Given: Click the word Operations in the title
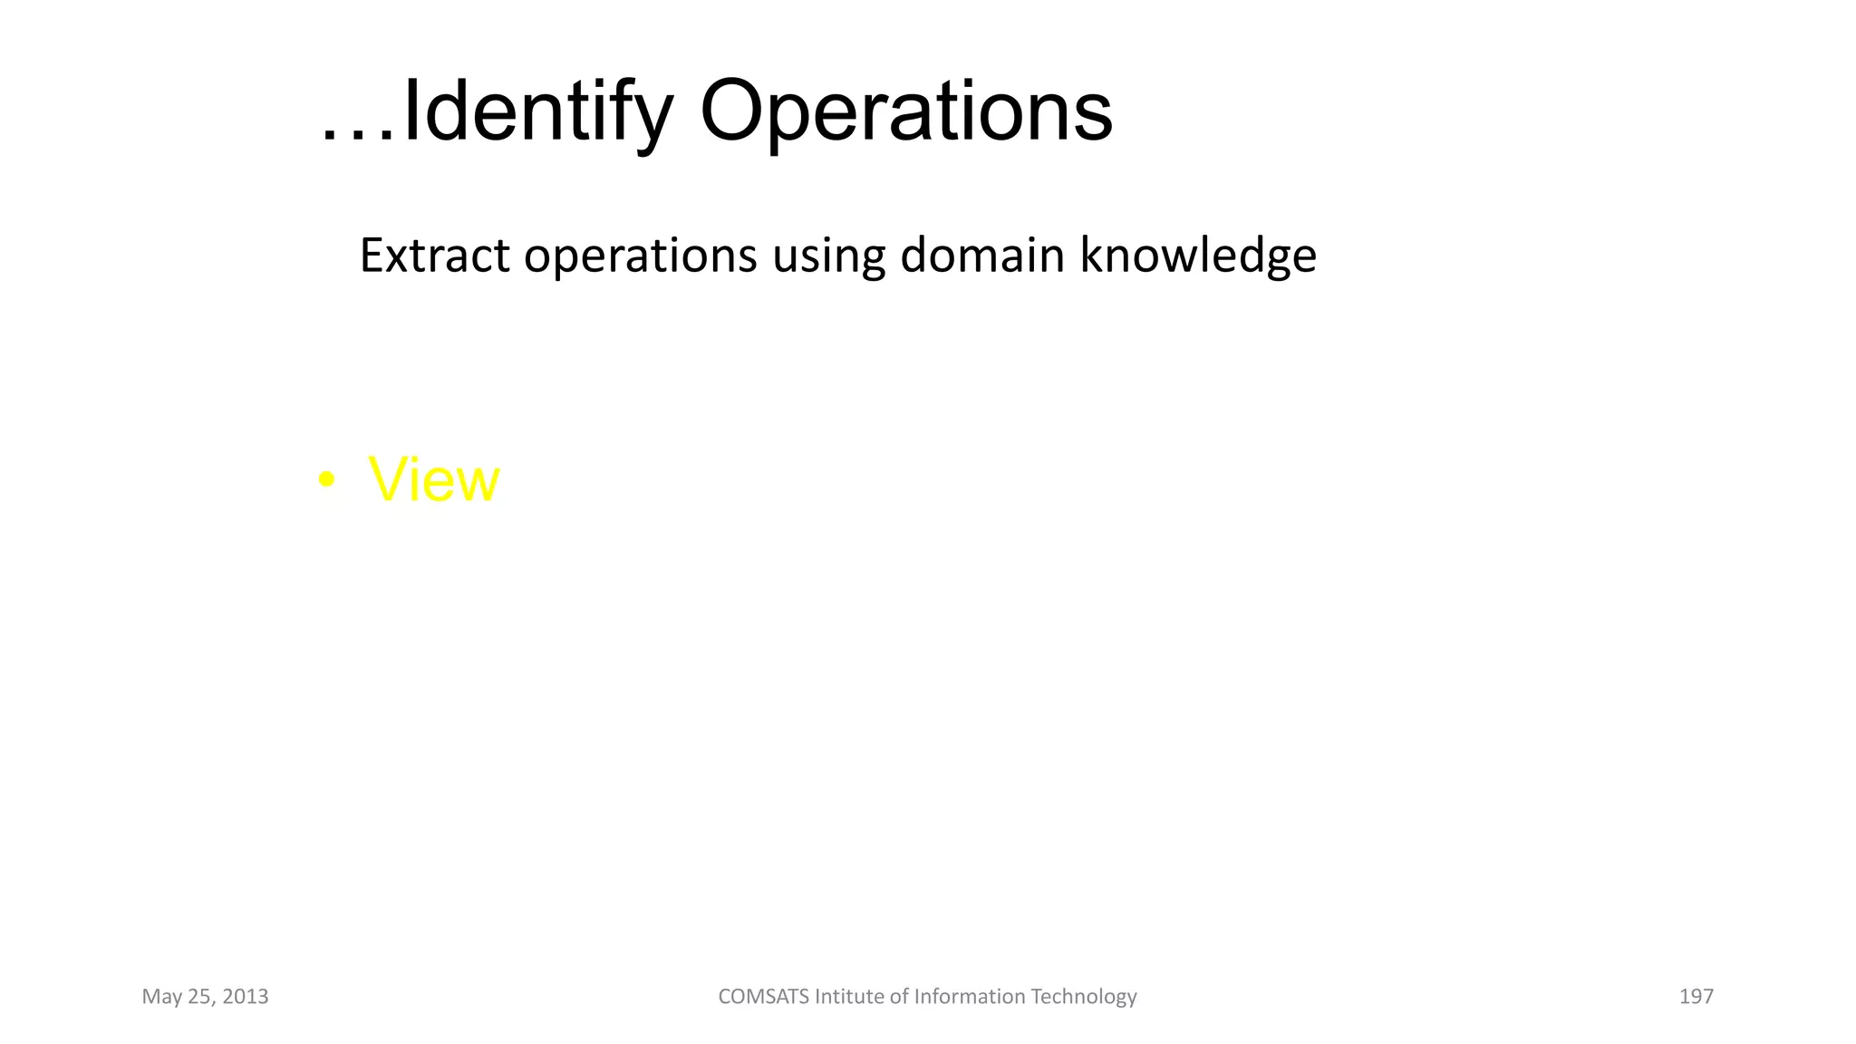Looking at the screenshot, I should point(905,111).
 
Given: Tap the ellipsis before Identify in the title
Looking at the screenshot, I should point(358,136).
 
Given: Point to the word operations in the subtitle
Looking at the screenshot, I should point(640,256).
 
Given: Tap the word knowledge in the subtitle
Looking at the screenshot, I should point(1198,256).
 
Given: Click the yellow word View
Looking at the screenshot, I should point(434,479).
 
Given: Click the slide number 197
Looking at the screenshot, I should point(1696,997).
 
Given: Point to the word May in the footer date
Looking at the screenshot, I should point(161,998).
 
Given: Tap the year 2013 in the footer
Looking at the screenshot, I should point(245,997).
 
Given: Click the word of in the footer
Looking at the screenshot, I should point(899,997).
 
